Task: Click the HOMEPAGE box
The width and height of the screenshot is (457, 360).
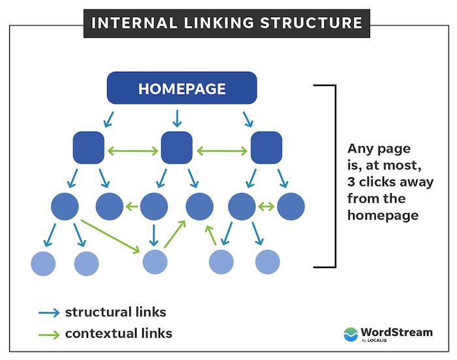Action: click(182, 88)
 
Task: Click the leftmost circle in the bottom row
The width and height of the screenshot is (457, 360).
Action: click(43, 263)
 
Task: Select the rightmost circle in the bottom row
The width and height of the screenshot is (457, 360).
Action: click(267, 262)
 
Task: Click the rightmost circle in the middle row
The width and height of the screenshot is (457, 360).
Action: click(291, 206)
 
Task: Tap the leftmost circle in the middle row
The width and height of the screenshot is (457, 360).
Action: click(65, 206)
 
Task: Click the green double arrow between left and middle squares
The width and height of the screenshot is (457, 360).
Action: click(133, 151)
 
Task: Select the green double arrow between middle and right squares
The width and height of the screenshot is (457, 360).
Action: click(221, 151)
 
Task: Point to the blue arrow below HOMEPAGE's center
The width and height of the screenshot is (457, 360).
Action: click(176, 118)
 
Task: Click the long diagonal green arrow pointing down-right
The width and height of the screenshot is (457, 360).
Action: click(111, 236)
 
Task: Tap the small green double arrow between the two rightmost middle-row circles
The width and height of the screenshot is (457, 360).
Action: click(266, 207)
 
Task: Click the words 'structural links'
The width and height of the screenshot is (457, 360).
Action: click(115, 312)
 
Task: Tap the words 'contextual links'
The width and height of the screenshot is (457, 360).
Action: click(118, 333)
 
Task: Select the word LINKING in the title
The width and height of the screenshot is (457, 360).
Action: click(210, 23)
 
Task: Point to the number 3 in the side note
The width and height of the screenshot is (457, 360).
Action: click(351, 182)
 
